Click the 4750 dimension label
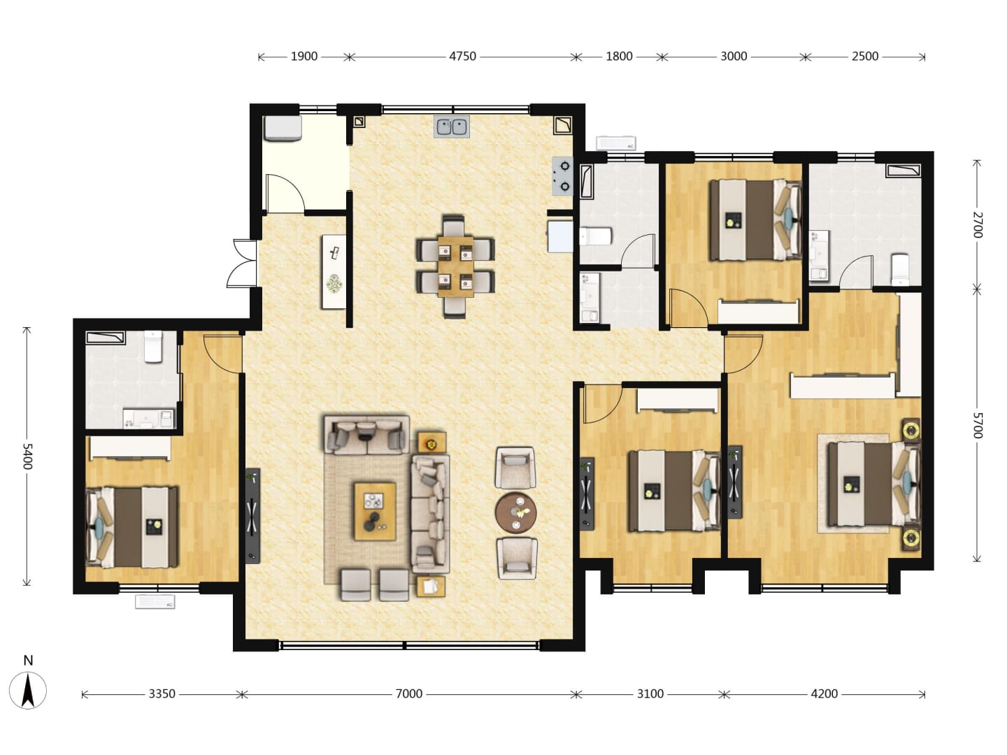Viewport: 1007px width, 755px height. [462, 57]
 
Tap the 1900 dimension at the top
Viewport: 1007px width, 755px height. [304, 57]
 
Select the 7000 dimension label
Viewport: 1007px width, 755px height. [409, 693]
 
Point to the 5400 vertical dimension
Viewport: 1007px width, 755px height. [27, 456]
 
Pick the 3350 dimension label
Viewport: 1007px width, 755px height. [162, 693]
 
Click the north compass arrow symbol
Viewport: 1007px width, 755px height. [28, 691]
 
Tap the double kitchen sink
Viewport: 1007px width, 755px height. [452, 127]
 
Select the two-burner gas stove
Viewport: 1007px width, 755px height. [563, 176]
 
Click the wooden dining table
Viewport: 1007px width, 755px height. [455, 266]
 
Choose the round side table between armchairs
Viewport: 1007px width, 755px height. [515, 513]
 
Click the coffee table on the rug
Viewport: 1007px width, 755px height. [375, 511]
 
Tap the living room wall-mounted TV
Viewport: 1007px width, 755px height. [252, 515]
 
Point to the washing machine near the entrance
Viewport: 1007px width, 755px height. [283, 128]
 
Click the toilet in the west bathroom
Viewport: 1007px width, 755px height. [153, 347]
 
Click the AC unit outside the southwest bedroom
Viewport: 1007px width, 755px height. [155, 601]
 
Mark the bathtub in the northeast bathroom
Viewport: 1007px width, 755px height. [904, 171]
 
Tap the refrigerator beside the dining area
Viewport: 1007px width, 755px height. [560, 236]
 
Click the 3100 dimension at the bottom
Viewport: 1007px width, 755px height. [650, 693]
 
